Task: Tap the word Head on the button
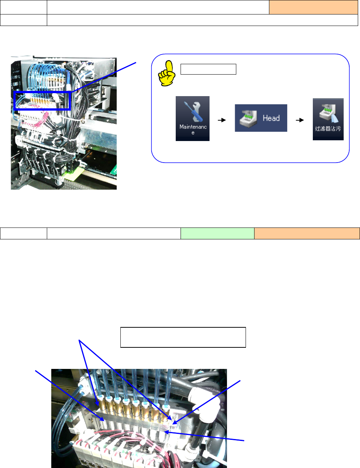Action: [271, 118]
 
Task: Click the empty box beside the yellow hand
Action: [208, 69]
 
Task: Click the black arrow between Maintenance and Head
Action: [222, 120]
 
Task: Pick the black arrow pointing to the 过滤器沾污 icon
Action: [300, 120]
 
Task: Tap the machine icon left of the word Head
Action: [248, 118]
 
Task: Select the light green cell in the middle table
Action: [217, 233]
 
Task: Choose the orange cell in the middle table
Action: [307, 233]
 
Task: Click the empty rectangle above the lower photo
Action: [183, 337]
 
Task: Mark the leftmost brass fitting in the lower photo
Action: [100, 406]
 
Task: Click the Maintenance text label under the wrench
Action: [192, 130]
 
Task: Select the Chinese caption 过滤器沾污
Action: [328, 129]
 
